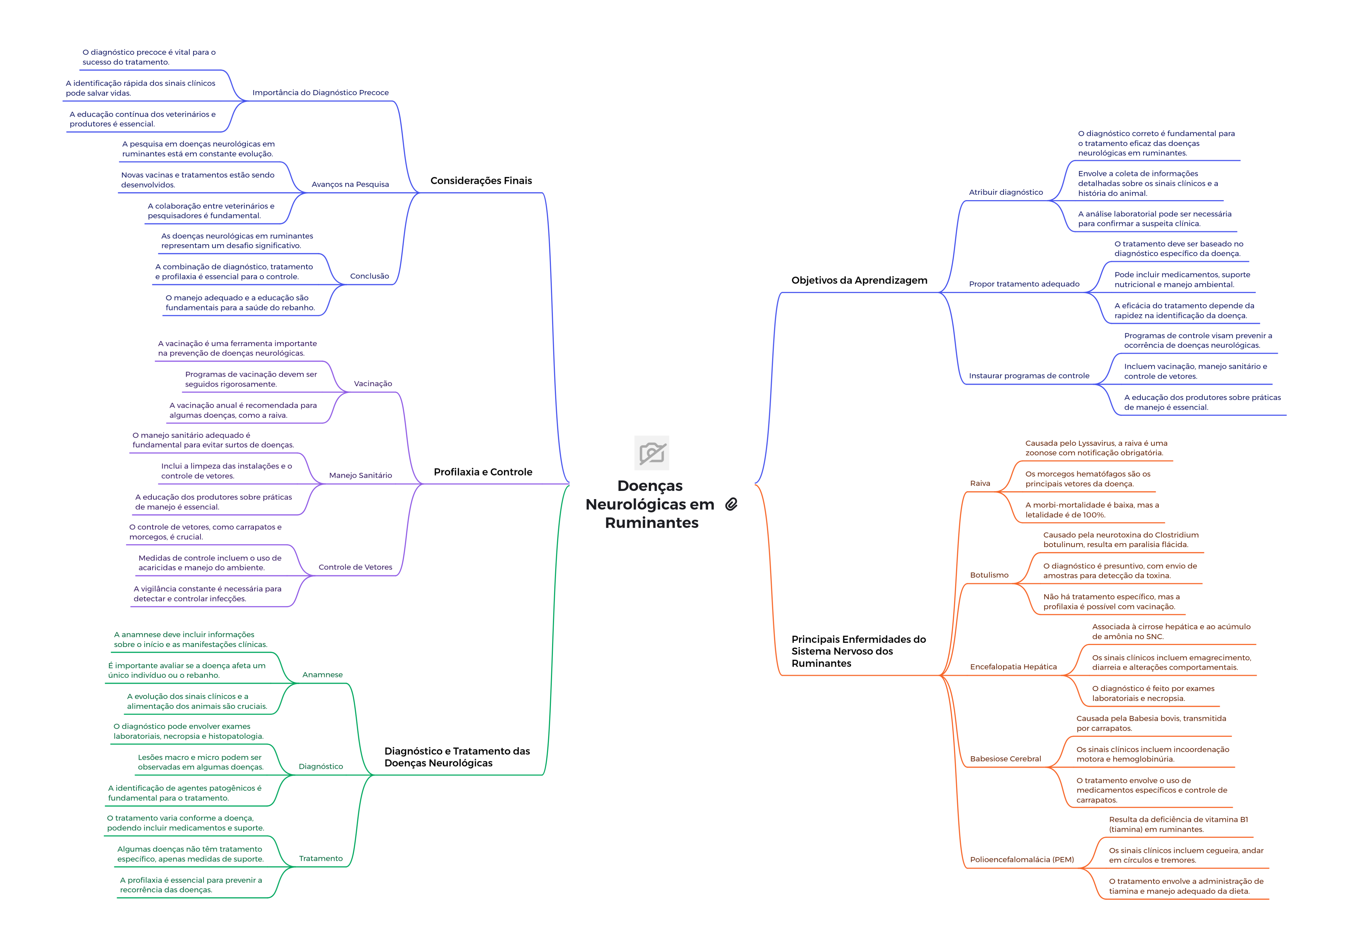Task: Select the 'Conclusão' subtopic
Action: point(369,276)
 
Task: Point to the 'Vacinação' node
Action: point(373,384)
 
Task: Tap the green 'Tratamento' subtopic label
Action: point(321,859)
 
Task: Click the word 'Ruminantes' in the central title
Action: point(652,523)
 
